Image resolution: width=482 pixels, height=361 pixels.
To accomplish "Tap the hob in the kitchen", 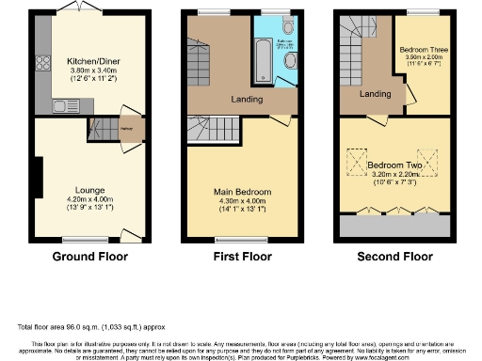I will tap(42, 66).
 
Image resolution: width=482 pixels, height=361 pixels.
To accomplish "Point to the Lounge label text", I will tap(89, 191).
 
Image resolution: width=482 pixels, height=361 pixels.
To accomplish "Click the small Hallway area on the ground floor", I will tap(125, 130).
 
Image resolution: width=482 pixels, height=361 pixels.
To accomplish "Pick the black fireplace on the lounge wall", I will tap(39, 179).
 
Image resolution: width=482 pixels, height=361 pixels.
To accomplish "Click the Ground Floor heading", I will tap(90, 256).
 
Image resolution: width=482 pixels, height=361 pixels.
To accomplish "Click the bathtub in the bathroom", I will tap(263, 61).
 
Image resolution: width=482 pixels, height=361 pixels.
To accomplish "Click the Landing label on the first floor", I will tap(248, 98).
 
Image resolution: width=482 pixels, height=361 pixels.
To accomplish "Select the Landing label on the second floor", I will tap(375, 94).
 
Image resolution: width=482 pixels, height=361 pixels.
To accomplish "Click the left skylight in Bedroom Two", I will tap(358, 163).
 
